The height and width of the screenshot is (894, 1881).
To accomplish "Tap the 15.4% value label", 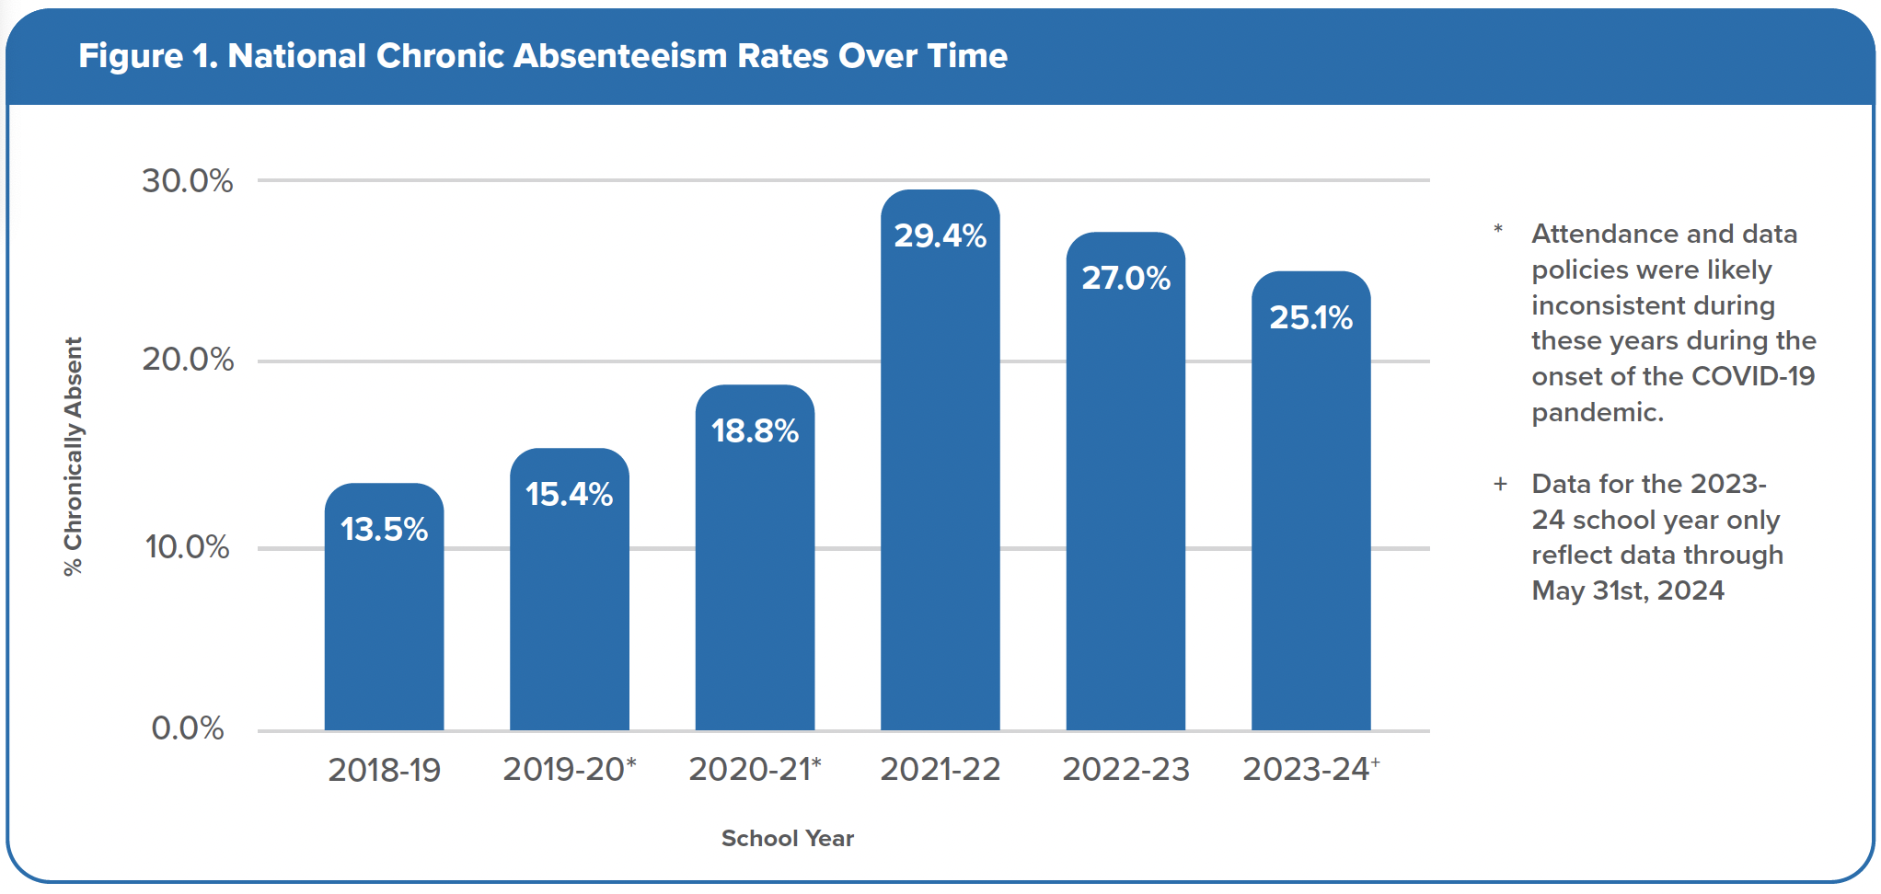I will click(x=569, y=495).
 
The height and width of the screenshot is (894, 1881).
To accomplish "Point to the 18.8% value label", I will click(x=755, y=431).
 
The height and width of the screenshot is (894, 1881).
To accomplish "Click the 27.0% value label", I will click(x=1125, y=278).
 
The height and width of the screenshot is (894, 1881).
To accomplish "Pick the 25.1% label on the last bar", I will click(x=1310, y=318).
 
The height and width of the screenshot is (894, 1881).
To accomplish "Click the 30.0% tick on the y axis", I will click(x=188, y=181).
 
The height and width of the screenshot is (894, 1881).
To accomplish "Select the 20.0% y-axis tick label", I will click(x=188, y=360).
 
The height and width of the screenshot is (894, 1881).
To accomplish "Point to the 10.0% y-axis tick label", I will click(x=188, y=547).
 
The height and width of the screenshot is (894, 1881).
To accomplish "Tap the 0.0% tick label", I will click(x=188, y=728).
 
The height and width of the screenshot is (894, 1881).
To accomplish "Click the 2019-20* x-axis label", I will click(x=570, y=770).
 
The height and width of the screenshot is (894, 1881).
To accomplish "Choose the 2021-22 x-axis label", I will click(x=940, y=770).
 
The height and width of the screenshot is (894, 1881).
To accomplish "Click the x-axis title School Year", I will click(x=788, y=839).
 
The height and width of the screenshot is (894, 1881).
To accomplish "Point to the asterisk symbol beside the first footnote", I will click(x=1498, y=229).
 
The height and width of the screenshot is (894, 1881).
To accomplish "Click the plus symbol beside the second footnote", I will click(x=1500, y=485).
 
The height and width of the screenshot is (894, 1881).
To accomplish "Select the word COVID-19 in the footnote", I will click(x=1752, y=376).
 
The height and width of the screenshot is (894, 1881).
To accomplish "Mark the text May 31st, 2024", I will click(x=1627, y=590).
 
